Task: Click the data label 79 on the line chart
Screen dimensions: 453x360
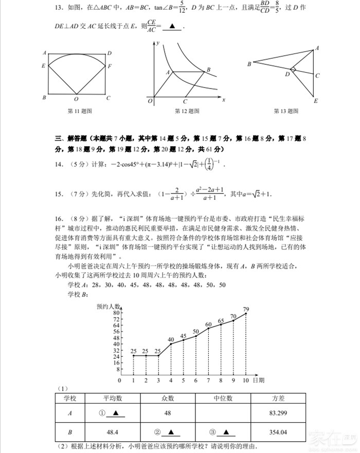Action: [x=246, y=309]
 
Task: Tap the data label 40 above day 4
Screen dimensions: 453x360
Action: [x=171, y=339]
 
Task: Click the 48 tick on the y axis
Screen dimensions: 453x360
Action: [x=117, y=338]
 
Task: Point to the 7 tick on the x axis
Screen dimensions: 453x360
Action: [x=208, y=380]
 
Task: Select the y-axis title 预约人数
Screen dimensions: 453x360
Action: [x=108, y=307]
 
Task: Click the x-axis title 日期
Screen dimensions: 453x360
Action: [x=258, y=380]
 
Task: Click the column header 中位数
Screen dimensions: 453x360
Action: [x=223, y=398]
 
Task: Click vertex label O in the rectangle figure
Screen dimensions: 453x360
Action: [x=77, y=99]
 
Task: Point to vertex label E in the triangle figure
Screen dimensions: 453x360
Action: [x=316, y=101]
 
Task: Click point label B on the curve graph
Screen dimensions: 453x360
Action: [x=208, y=69]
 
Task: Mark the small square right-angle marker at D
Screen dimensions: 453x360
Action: [x=293, y=70]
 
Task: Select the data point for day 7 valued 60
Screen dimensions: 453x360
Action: [x=208, y=328]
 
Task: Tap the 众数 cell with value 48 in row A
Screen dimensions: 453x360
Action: [x=168, y=413]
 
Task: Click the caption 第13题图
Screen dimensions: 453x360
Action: [x=286, y=111]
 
